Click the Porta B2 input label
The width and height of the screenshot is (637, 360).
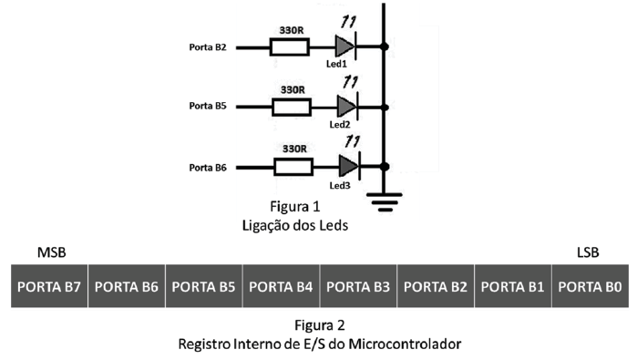(x=207, y=46)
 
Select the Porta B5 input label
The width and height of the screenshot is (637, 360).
(x=207, y=107)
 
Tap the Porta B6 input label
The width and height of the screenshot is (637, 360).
(x=207, y=167)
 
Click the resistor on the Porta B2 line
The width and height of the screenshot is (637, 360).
(x=290, y=46)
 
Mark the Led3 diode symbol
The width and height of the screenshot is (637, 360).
(x=346, y=166)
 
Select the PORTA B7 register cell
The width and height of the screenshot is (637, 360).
(x=49, y=286)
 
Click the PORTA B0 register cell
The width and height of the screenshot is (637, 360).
(x=590, y=286)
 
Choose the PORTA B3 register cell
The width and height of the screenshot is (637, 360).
(x=358, y=286)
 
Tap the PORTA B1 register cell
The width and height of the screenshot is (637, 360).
(x=512, y=286)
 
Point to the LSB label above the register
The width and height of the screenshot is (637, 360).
(x=588, y=251)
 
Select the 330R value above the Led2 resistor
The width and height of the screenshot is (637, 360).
(x=292, y=90)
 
